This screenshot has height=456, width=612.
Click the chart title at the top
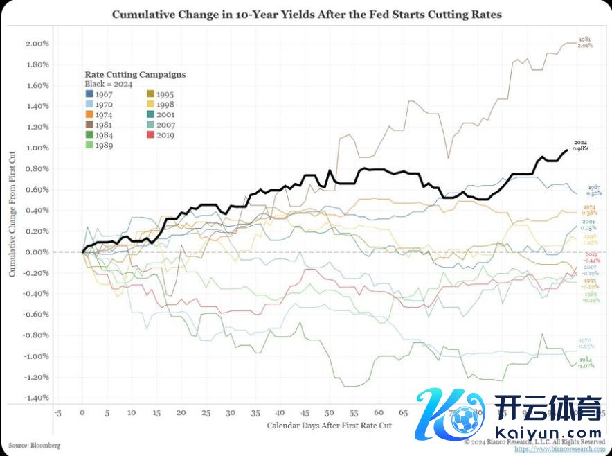[306, 14]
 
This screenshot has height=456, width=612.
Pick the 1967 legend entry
[100, 94]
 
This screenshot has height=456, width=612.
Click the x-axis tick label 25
[206, 412]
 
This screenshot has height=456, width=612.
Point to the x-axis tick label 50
[330, 412]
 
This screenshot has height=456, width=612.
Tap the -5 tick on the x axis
[57, 412]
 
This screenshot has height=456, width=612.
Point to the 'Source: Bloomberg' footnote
[35, 445]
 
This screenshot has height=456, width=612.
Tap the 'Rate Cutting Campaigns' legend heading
[135, 74]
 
